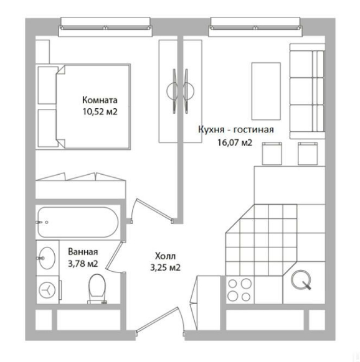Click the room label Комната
click(100, 100)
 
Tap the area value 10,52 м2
click(100, 112)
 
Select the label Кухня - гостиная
click(236, 129)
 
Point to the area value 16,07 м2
click(235, 142)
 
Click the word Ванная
click(83, 252)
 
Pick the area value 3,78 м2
click(83, 264)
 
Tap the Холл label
click(165, 256)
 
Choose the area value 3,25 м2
click(165, 267)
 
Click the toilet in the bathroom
click(97, 289)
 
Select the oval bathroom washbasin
click(47, 258)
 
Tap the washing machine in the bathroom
click(47, 290)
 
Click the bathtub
click(78, 222)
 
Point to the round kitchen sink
click(301, 279)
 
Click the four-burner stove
click(240, 290)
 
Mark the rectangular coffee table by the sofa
click(266, 91)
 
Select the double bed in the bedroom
click(83, 106)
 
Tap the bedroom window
click(105, 27)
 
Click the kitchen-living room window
click(255, 27)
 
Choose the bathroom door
click(115, 256)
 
